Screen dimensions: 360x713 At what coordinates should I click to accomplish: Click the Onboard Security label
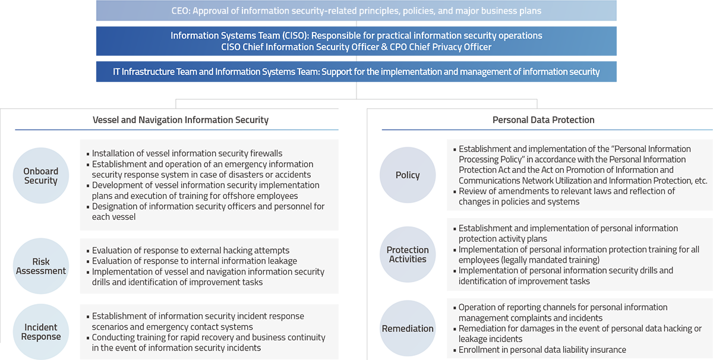pyautogui.click(x=41, y=176)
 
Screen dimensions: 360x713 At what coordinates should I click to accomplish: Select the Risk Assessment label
pyautogui.click(x=41, y=266)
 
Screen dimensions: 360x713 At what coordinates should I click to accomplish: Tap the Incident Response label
pyautogui.click(x=41, y=332)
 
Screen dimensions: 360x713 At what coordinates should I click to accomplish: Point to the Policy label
pyautogui.click(x=408, y=175)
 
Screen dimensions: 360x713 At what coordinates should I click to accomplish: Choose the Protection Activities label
pyautogui.click(x=408, y=254)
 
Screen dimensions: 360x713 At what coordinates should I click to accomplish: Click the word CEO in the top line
pyautogui.click(x=182, y=11)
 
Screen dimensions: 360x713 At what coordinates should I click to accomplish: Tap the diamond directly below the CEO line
pyautogui.click(x=356, y=24)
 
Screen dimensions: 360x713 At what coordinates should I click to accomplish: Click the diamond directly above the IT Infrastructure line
pyautogui.click(x=356, y=59)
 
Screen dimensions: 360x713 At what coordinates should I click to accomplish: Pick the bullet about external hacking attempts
pyautogui.click(x=191, y=251)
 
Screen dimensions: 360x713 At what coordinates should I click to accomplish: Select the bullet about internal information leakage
pyautogui.click(x=194, y=261)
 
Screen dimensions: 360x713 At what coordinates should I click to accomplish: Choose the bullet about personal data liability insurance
pyautogui.click(x=542, y=350)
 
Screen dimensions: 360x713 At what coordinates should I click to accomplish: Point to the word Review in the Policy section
pyautogui.click(x=473, y=191)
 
